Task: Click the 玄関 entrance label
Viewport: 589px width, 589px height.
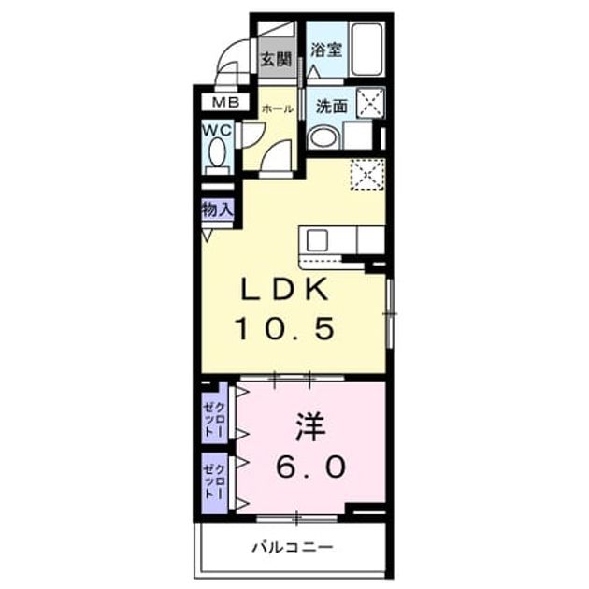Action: (x=277, y=59)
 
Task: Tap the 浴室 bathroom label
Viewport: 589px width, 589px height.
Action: (x=326, y=50)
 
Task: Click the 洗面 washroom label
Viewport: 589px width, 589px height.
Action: (x=331, y=107)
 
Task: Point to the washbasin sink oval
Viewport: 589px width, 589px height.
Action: (x=323, y=137)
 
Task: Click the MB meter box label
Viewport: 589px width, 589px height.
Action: (x=225, y=102)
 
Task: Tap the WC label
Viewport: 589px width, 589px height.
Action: (x=217, y=130)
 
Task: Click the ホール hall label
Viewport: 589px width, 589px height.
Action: (x=278, y=109)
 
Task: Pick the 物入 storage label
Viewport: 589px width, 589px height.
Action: (x=218, y=208)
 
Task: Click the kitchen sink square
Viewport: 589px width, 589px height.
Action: (x=318, y=240)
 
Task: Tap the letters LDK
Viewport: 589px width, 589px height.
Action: (x=284, y=290)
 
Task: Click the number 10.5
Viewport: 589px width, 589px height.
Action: (x=285, y=328)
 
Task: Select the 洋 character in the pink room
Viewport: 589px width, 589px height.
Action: (x=309, y=427)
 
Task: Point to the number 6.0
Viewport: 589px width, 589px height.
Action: (x=310, y=467)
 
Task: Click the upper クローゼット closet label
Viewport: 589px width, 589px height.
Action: (x=214, y=419)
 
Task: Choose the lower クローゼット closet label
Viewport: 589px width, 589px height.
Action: (x=214, y=481)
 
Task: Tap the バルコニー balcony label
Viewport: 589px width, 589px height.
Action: (x=293, y=547)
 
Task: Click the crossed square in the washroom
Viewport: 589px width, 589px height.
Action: (x=370, y=102)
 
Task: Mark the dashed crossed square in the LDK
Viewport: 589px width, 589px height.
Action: (x=367, y=174)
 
